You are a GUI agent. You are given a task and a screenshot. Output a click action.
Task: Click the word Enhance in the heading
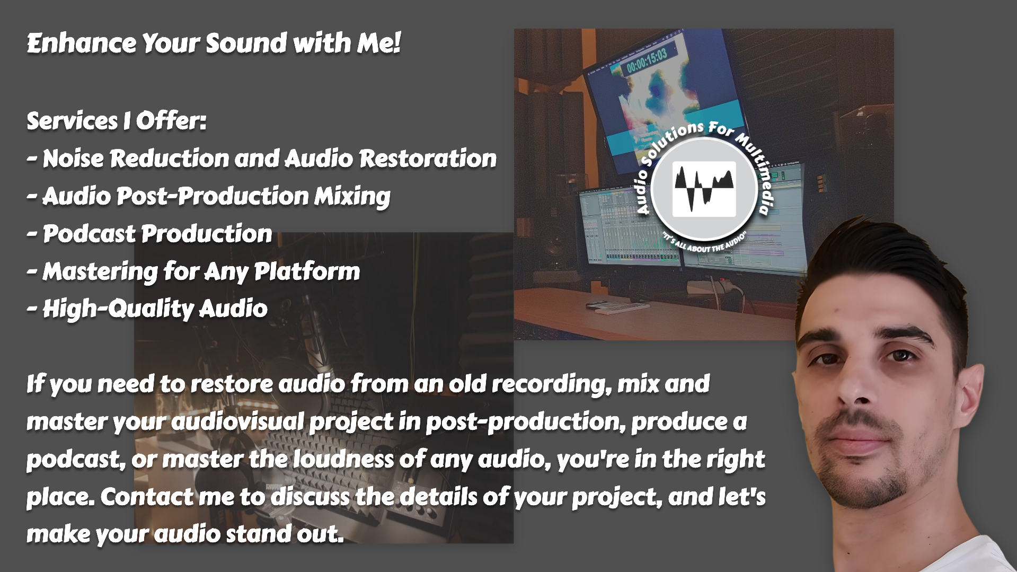82,43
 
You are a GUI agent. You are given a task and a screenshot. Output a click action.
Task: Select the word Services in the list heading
72,121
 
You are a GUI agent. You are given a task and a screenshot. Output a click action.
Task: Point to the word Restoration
428,159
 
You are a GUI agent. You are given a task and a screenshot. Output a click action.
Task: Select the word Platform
307,271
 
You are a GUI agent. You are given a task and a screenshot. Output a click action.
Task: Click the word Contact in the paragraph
147,497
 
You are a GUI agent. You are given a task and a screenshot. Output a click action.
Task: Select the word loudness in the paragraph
343,460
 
